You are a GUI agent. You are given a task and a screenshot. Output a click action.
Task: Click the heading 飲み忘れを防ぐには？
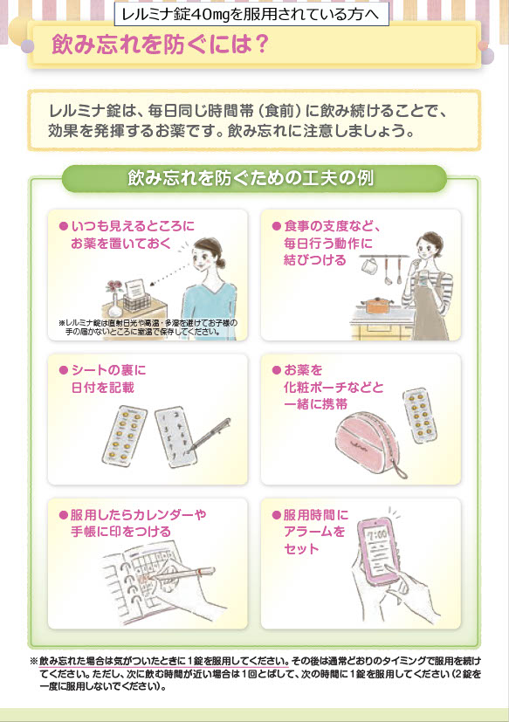pos(160,45)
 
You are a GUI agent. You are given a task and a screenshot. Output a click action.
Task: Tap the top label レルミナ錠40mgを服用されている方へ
pos(251,14)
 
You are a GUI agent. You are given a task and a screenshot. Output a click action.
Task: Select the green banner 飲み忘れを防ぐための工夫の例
pos(254,178)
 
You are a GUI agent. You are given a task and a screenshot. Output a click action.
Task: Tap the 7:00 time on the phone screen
pos(376,535)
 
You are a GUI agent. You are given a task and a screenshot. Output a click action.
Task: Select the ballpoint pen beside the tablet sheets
pos(210,435)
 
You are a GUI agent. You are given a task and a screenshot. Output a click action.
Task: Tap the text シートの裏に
pos(108,370)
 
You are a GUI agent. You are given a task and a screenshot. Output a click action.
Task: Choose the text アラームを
pos(314,532)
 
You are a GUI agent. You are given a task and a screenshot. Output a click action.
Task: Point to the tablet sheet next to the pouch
pos(420,416)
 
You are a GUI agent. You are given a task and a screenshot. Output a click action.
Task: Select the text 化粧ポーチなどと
pos(334,388)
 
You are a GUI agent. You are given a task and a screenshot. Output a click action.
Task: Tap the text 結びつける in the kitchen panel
pos(314,260)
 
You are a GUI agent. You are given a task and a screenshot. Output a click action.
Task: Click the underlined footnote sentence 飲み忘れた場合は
pos(164,661)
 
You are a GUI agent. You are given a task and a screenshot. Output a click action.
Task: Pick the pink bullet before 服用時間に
pos(277,515)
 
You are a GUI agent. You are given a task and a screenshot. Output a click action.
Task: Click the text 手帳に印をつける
pos(120,532)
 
